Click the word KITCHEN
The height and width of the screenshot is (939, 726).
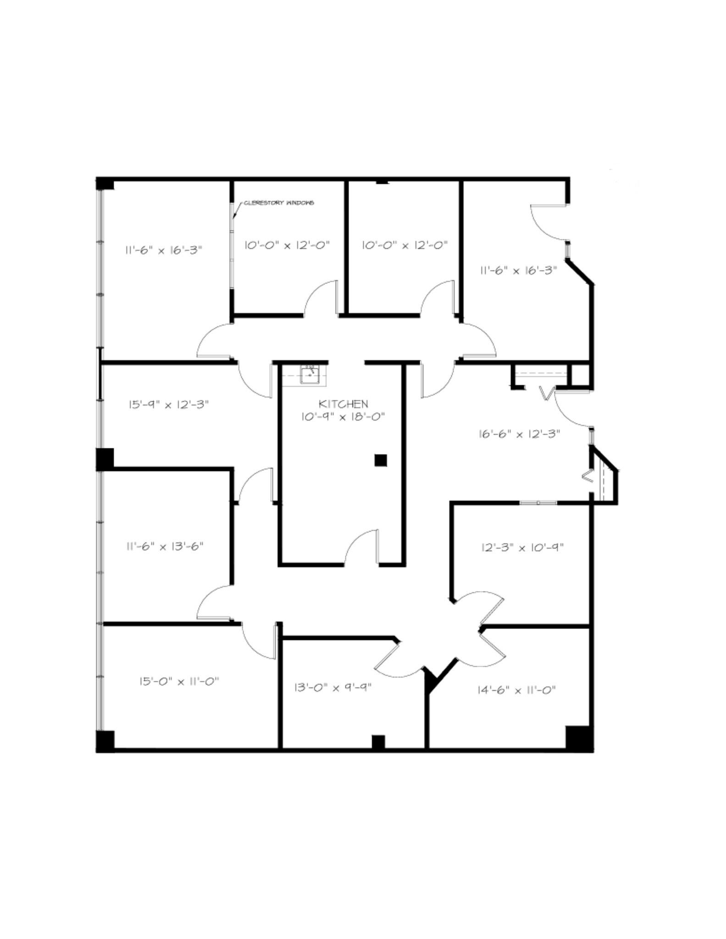pyautogui.click(x=343, y=404)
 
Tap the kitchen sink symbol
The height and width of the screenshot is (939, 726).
pyautogui.click(x=310, y=375)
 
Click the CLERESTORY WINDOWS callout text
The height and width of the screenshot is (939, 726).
pyautogui.click(x=278, y=203)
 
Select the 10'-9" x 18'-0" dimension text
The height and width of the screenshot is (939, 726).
pyautogui.click(x=343, y=417)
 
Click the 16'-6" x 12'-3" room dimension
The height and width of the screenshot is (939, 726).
pyautogui.click(x=519, y=434)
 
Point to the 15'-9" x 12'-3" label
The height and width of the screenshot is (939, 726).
pyautogui.click(x=168, y=405)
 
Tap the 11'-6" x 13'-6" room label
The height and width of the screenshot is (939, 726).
pyautogui.click(x=165, y=547)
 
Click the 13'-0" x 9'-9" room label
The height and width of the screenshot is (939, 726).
pyautogui.click(x=333, y=688)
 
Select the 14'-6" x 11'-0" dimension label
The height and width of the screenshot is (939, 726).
pyautogui.click(x=517, y=690)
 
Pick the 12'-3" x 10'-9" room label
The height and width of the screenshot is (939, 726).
pyautogui.click(x=522, y=547)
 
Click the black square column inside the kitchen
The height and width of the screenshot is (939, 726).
pyautogui.click(x=380, y=460)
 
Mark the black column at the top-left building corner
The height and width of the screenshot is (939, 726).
pyautogui.click(x=105, y=183)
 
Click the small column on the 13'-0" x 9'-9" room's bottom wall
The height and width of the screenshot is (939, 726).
pyautogui.click(x=378, y=742)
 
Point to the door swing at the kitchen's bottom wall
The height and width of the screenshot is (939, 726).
pyautogui.click(x=361, y=546)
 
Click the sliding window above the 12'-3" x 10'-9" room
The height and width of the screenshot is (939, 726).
pyautogui.click(x=538, y=503)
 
